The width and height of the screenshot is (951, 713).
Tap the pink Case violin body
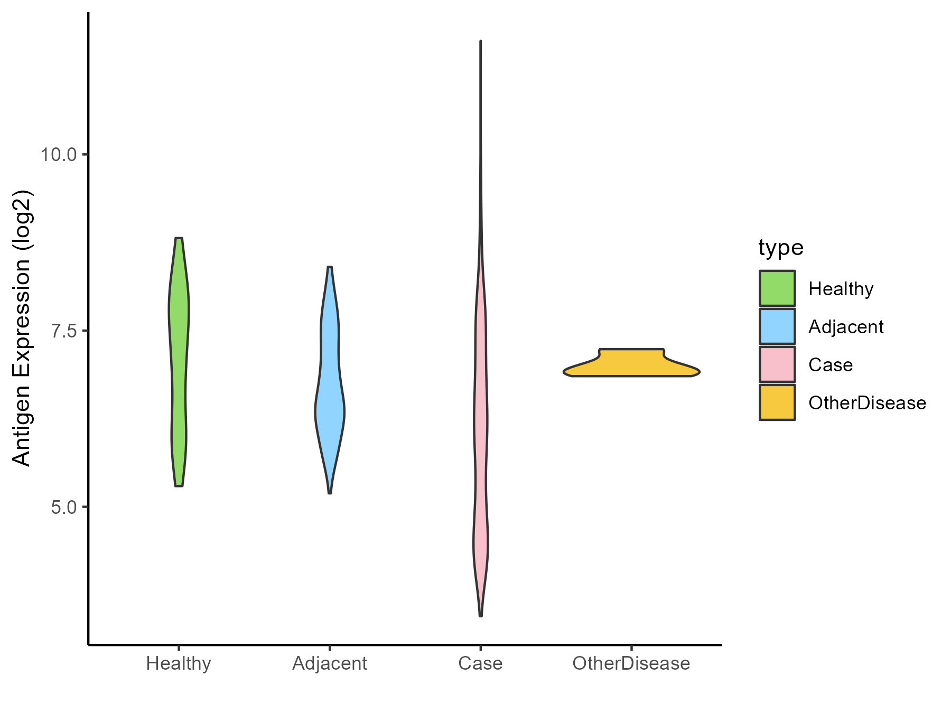481,423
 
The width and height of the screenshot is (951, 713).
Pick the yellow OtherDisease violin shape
632,364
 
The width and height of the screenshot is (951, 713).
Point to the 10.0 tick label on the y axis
58,155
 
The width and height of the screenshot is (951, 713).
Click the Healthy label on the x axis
179,663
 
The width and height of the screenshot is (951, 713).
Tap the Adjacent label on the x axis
330,663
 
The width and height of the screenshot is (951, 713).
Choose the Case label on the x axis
480,663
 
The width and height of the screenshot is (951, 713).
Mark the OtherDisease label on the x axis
631,663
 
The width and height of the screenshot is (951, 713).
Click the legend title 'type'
780,247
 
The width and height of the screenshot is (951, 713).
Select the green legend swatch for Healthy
777,288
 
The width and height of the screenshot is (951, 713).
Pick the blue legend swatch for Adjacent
777,326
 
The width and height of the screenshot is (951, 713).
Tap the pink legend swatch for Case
777,364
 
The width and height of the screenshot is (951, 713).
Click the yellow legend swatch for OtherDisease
777,402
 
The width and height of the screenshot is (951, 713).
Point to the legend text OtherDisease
867,403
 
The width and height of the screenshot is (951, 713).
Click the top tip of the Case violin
480,41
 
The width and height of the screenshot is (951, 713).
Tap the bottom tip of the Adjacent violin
330,492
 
